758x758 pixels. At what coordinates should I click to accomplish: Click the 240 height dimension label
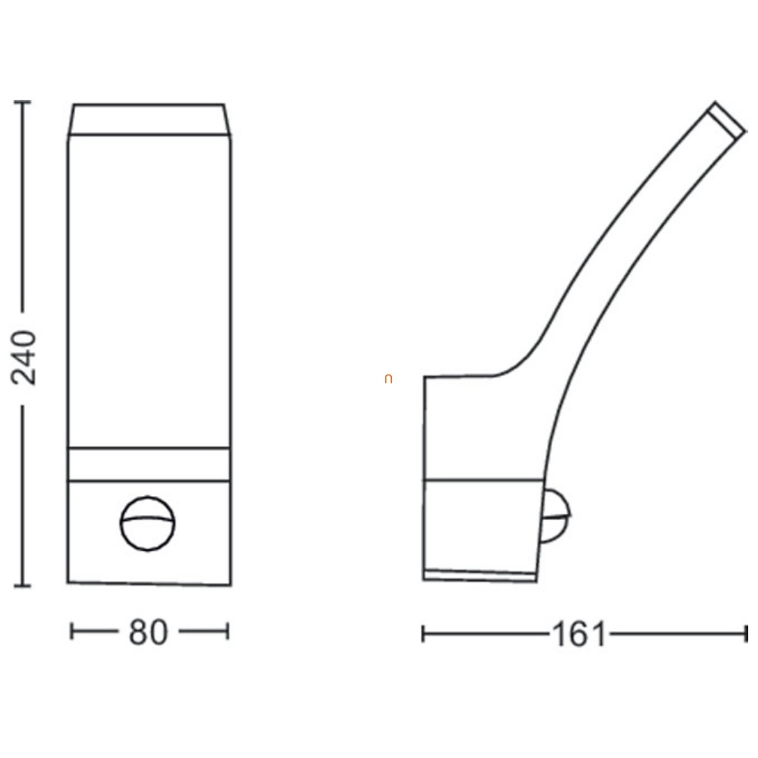[x=24, y=358]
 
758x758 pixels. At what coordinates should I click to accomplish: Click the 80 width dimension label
[x=149, y=633]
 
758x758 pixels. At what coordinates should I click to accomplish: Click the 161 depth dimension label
[x=579, y=634]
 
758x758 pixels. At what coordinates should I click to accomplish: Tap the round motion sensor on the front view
[x=147, y=524]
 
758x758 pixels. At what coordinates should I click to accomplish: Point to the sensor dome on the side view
[x=555, y=516]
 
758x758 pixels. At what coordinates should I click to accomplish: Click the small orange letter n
[x=388, y=380]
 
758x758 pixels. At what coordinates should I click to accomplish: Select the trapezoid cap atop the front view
[x=149, y=119]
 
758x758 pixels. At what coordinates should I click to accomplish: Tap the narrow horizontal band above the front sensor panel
[x=149, y=464]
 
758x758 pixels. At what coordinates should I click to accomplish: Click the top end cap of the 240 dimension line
[x=23, y=103]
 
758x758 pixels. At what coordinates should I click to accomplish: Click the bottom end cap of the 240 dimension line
[x=23, y=585]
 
